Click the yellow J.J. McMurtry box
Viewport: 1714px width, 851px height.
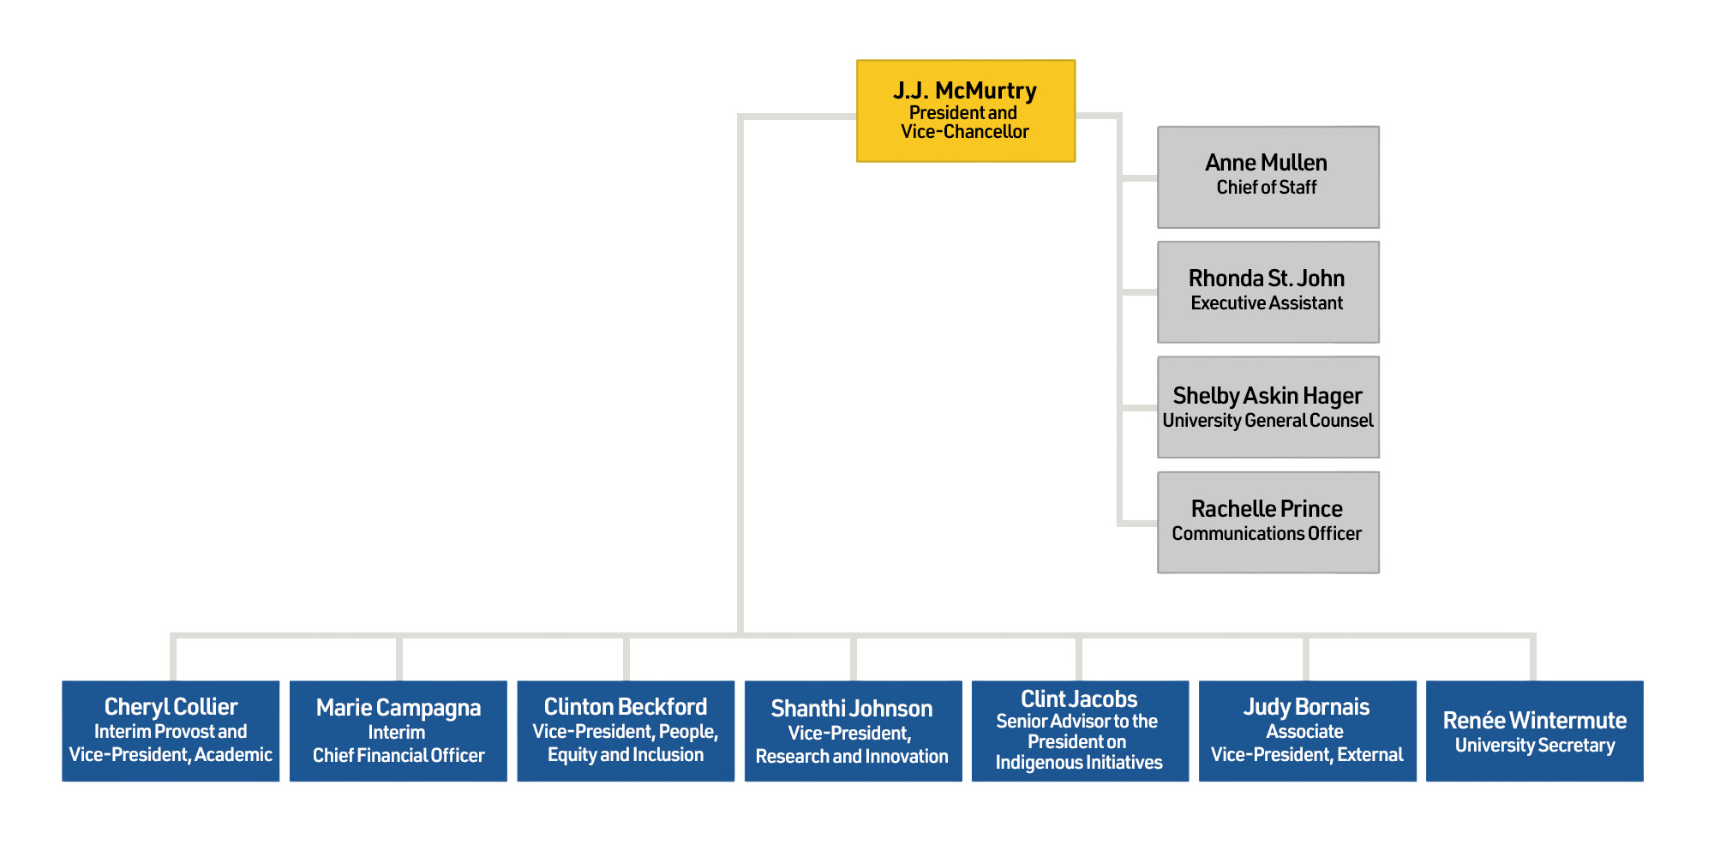click(965, 111)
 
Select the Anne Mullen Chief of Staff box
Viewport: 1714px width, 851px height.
click(1268, 177)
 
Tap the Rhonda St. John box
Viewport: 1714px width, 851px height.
click(1268, 291)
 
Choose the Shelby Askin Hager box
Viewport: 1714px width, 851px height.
click(1268, 406)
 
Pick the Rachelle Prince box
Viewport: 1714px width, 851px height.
click(1268, 521)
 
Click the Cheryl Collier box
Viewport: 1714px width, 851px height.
click(171, 730)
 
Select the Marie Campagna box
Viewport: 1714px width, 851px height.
click(398, 730)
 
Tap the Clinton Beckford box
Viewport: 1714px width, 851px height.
click(626, 730)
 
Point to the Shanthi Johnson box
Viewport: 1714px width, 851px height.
click(853, 730)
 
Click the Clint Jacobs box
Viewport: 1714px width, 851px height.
click(1080, 730)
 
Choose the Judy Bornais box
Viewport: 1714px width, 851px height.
click(1307, 730)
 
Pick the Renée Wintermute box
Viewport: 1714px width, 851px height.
click(1534, 730)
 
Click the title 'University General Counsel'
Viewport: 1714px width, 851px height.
click(1268, 421)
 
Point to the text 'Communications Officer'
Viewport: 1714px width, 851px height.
click(1267, 534)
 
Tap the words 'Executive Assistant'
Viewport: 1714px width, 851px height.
click(1267, 303)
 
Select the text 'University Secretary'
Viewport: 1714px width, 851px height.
click(1534, 746)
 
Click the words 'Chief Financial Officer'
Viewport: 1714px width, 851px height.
click(399, 756)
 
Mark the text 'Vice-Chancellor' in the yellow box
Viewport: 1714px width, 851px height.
click(965, 132)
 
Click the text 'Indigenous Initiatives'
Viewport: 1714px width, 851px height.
click(1079, 763)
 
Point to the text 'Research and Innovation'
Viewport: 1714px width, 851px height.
click(852, 757)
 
